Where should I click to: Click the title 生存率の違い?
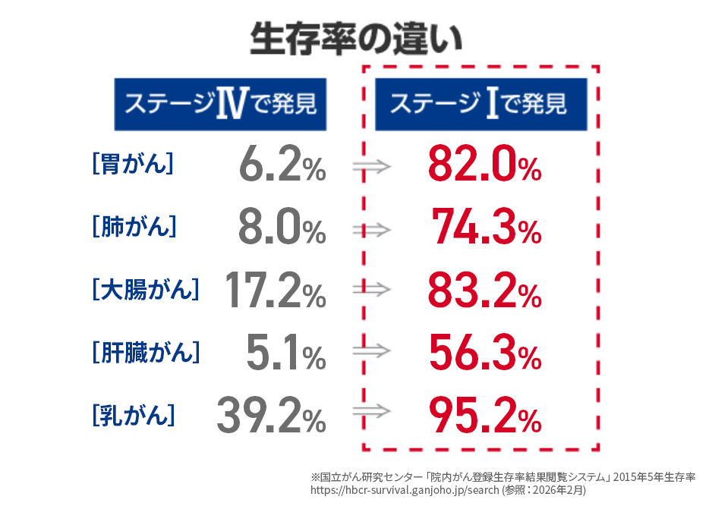coord(355,38)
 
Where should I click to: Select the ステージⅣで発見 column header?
coord(220,104)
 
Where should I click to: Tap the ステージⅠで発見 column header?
coord(480,104)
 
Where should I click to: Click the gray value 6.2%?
coord(282,165)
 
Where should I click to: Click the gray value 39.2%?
coord(271,415)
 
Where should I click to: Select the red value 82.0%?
coord(484,165)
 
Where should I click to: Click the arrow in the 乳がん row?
coord(372,413)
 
